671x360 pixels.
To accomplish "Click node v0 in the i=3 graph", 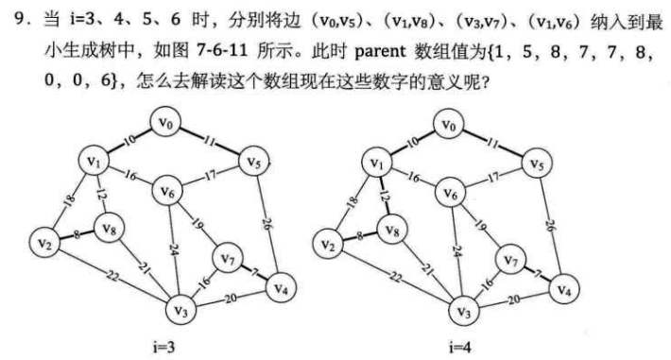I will (167, 123).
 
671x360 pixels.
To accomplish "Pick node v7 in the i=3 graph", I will (228, 256).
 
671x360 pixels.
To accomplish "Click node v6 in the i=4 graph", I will (451, 193).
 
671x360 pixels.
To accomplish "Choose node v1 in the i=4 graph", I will (378, 164).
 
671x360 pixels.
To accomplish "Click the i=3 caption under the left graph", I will (163, 347).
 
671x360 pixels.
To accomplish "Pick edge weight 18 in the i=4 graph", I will (352, 200).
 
